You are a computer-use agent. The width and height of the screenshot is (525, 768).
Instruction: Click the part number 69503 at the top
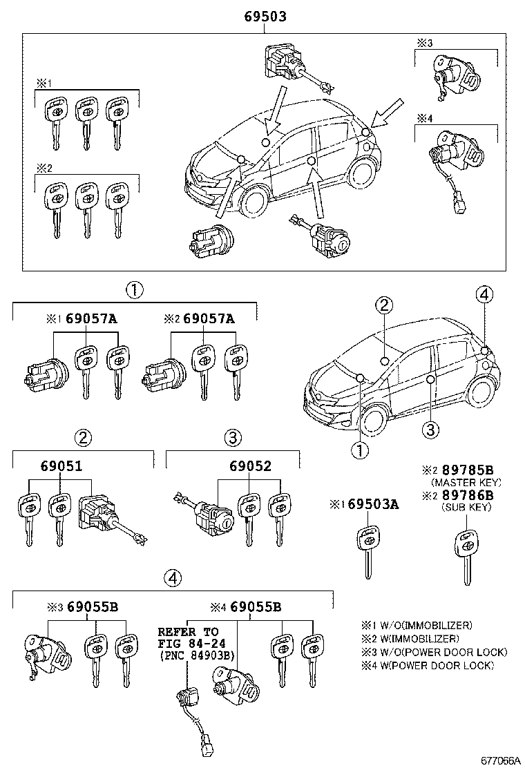tap(264, 17)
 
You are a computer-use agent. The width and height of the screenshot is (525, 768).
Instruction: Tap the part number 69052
tap(250, 466)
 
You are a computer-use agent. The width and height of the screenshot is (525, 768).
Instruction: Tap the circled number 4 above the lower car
tap(484, 295)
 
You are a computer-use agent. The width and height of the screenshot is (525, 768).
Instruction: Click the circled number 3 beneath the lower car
tap(430, 430)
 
